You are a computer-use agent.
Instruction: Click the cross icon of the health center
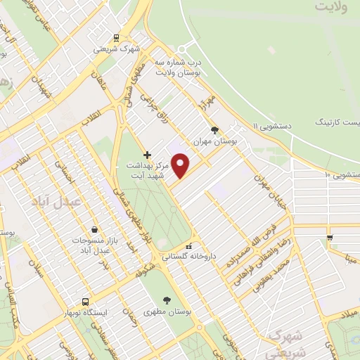[x=147, y=154]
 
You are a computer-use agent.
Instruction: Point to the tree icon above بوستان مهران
[x=214, y=129]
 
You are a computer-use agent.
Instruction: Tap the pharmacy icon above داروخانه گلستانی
[x=188, y=246]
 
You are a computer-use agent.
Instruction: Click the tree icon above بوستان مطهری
[x=167, y=300]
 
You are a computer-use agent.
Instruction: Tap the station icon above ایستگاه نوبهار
[x=84, y=300]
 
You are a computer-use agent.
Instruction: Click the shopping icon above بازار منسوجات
[x=95, y=229]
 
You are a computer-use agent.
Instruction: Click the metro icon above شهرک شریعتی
[x=116, y=39]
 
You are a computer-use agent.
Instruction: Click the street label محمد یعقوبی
[x=282, y=271]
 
